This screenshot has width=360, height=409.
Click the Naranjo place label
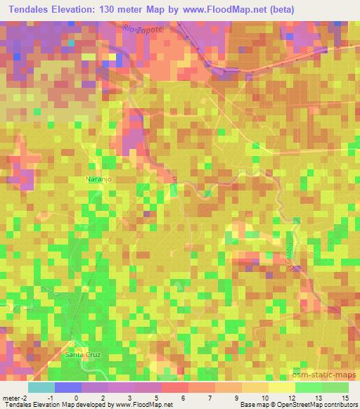(99, 180)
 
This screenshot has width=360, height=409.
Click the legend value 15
(345, 397)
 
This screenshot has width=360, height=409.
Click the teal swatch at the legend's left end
(41, 387)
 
